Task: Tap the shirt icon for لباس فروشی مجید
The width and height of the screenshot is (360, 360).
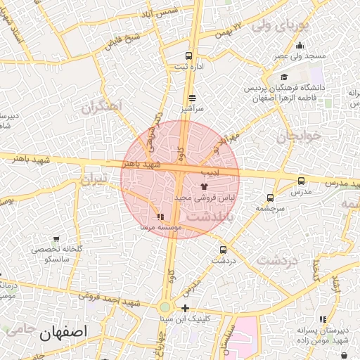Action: pyautogui.click(x=205, y=186)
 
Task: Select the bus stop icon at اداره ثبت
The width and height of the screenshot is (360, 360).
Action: pyautogui.click(x=188, y=56)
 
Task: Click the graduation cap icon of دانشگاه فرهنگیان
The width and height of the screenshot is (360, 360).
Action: pyautogui.click(x=283, y=77)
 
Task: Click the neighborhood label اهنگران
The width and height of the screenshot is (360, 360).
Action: pyautogui.click(x=101, y=108)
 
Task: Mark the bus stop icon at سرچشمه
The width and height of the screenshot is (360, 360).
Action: pyautogui.click(x=271, y=198)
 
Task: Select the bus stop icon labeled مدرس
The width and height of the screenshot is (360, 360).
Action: pyautogui.click(x=302, y=181)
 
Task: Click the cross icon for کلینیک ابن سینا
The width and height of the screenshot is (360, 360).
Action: pyautogui.click(x=185, y=308)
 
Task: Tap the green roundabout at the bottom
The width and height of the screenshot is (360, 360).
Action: pyautogui.click(x=165, y=307)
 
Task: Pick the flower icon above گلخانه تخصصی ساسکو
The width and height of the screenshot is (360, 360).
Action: pyautogui.click(x=56, y=238)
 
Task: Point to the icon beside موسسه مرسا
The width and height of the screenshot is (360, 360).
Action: pyautogui.click(x=161, y=217)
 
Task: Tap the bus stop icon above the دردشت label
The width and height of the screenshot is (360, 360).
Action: pyautogui.click(x=223, y=249)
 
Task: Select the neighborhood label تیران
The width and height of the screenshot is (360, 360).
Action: pyautogui.click(x=94, y=180)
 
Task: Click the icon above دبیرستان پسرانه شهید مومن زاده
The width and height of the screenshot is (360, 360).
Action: pyautogui.click(x=323, y=320)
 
